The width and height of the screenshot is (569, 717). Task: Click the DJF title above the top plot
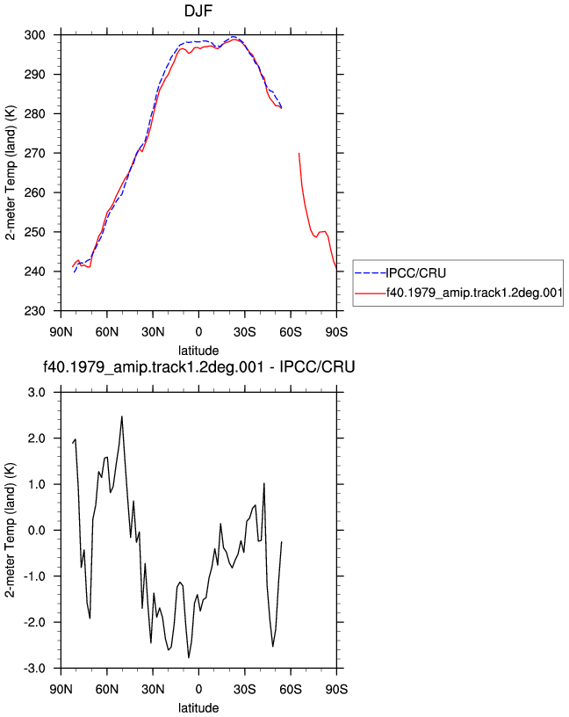[x=198, y=11]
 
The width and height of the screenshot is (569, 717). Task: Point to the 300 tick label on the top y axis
[x=35, y=35]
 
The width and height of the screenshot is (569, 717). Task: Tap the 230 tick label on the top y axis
[x=35, y=311]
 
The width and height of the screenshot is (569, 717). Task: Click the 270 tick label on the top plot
[x=35, y=154]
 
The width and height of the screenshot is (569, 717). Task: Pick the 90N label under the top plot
[x=61, y=331]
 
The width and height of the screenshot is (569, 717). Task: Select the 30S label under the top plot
[x=244, y=331]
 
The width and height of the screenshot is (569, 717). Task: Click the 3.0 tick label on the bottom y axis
[x=37, y=393]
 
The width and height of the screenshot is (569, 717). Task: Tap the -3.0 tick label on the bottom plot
[x=35, y=669]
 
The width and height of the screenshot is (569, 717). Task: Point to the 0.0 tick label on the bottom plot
[x=37, y=531]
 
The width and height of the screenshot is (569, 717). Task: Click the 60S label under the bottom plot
[x=291, y=689]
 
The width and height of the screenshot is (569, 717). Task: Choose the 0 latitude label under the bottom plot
[x=198, y=689]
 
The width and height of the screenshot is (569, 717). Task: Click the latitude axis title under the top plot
[x=198, y=351]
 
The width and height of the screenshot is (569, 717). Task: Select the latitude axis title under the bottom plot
[x=198, y=708]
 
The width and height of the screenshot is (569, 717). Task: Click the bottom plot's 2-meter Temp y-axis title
[x=10, y=530]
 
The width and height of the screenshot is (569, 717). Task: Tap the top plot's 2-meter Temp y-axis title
[x=10, y=173]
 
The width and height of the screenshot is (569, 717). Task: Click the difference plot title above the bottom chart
[x=198, y=366]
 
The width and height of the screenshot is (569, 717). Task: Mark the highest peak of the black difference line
[x=121, y=416]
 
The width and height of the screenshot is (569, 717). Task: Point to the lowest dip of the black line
[x=189, y=657]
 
